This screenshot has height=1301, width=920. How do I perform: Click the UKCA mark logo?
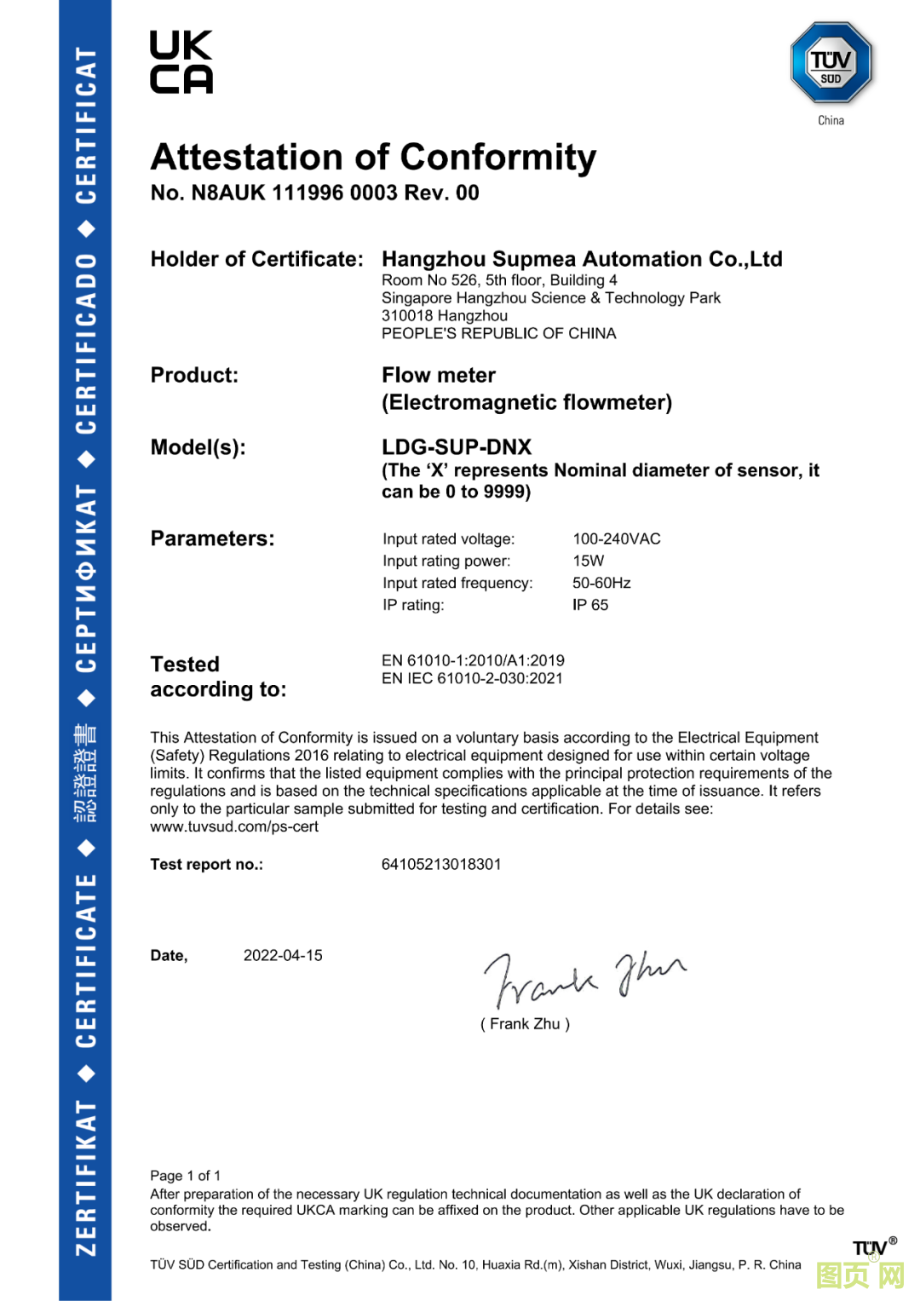(x=181, y=62)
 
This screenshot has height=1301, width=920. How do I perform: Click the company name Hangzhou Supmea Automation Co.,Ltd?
(x=582, y=259)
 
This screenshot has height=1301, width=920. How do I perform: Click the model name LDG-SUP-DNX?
(x=457, y=447)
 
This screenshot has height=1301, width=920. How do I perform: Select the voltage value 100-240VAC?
(x=617, y=539)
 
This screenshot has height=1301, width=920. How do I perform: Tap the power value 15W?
(x=588, y=561)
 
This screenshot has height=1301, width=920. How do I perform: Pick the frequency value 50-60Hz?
(x=601, y=584)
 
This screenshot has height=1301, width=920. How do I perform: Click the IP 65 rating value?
(x=590, y=606)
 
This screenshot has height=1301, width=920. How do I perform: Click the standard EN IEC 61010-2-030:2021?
(x=472, y=679)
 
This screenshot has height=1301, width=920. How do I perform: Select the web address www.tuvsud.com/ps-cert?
(x=234, y=827)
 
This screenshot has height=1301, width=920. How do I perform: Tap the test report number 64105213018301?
(x=441, y=865)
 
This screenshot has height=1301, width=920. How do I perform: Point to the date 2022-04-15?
(x=283, y=956)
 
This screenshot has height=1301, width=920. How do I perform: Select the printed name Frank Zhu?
(x=525, y=1024)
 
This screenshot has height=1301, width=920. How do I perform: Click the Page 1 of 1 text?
(x=186, y=1176)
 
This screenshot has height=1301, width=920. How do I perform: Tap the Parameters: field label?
(x=212, y=539)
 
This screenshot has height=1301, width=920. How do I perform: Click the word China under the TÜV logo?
(x=831, y=121)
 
